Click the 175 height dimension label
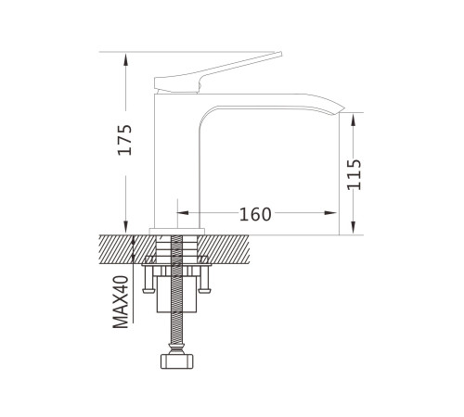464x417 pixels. [x=125, y=140]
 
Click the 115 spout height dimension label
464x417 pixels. [x=354, y=174]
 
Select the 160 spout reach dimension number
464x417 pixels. [x=255, y=214]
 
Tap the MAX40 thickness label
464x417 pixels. [x=121, y=302]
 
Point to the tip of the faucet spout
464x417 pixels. [x=344, y=108]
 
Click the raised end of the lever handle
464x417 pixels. [x=280, y=54]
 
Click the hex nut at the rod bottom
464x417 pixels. [x=176, y=361]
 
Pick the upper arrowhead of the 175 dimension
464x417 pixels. [x=125, y=59]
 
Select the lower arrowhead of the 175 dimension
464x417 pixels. [x=125, y=228]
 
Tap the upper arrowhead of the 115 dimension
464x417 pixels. [x=354, y=120]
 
